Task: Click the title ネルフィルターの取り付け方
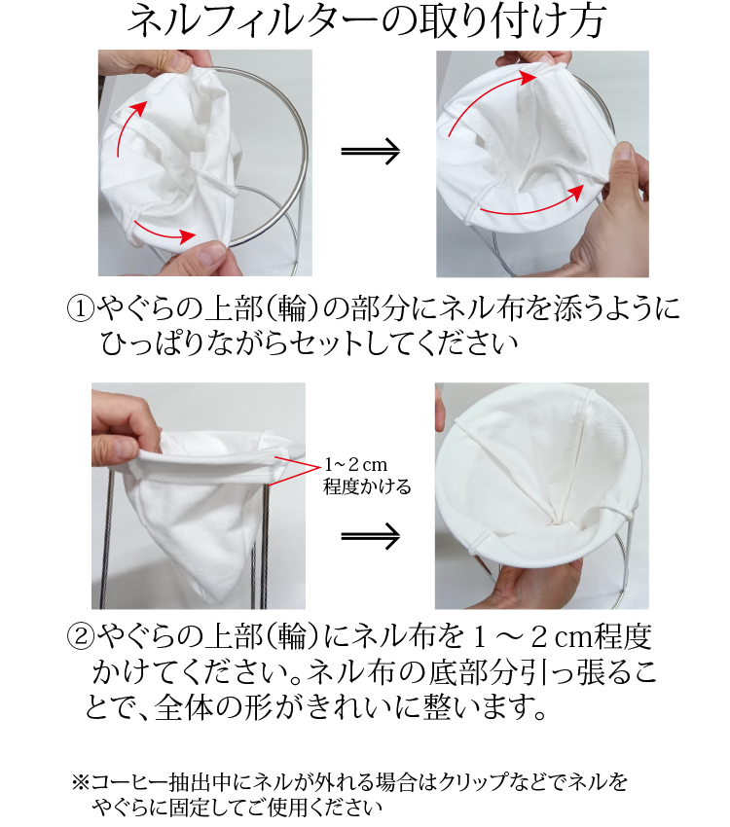point(365,22)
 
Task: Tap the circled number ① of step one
point(78,309)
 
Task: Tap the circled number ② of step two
point(78,638)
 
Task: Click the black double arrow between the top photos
point(370,151)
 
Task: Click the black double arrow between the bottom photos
point(370,534)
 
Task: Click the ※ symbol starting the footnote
point(81,781)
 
